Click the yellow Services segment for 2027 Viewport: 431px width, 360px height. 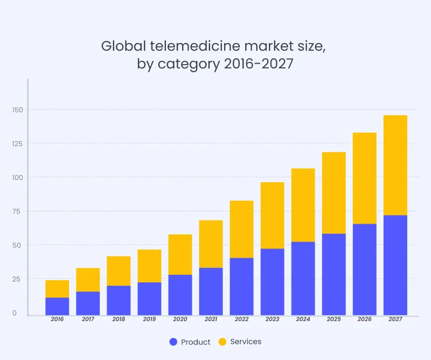(395, 165)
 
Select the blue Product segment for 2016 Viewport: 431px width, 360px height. (57, 306)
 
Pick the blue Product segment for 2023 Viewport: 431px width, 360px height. (272, 282)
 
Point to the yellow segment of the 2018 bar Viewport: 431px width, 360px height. (119, 271)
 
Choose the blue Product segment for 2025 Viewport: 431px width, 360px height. (334, 274)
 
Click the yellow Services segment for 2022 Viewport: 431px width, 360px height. (241, 229)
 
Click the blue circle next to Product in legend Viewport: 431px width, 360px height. (173, 342)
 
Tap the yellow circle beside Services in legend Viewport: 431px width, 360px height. (223, 342)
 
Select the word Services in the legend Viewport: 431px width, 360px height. (246, 342)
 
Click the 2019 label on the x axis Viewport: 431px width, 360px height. (149, 319)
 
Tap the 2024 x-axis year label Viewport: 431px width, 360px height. (303, 319)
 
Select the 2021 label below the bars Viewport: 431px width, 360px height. (211, 319)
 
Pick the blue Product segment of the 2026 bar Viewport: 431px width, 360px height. (365, 269)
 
